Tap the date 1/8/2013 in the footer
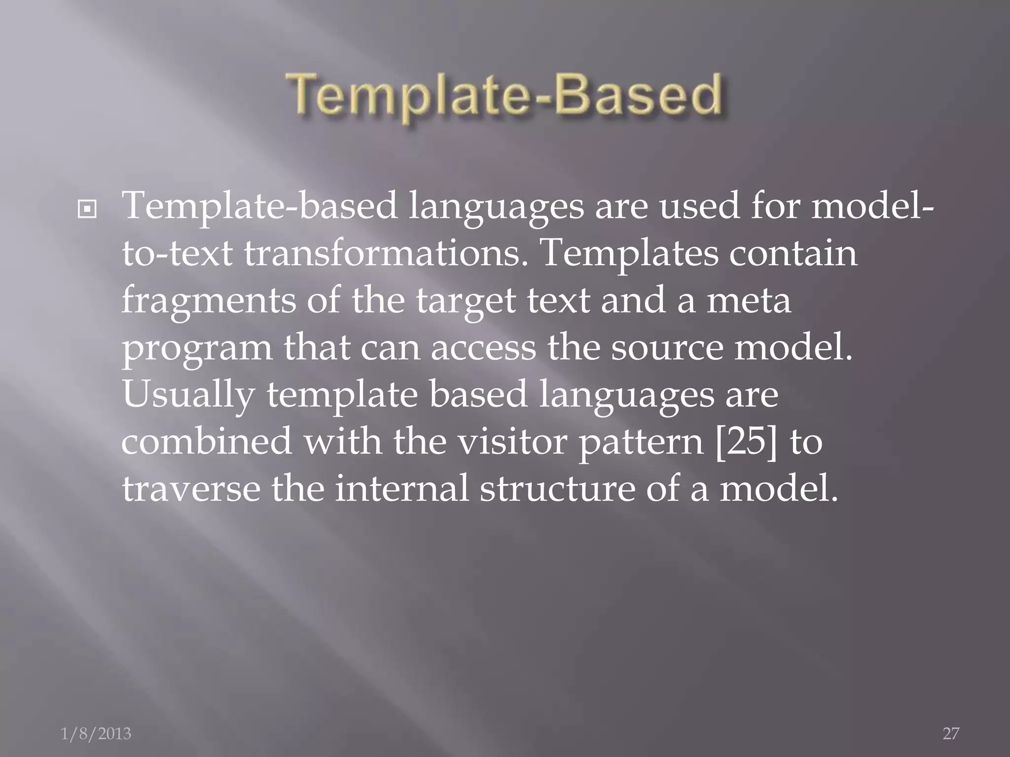[x=96, y=734]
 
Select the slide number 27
[x=951, y=734]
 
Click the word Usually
[x=188, y=395]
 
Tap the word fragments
[x=209, y=302]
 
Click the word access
[x=483, y=348]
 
